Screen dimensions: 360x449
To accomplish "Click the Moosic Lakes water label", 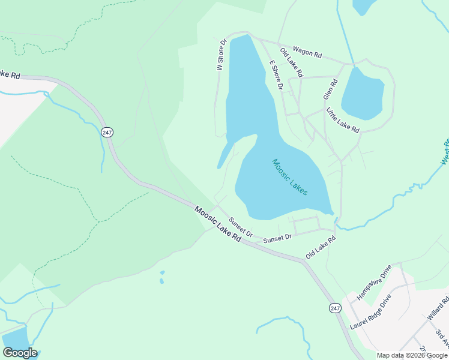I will (290, 176).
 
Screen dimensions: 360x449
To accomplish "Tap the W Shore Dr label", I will (221, 55).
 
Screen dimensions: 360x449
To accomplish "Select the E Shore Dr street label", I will (276, 75).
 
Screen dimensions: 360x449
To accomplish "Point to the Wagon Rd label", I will (307, 52).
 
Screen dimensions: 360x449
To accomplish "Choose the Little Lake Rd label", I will (343, 120).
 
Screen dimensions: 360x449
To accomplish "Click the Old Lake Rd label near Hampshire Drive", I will (320, 247).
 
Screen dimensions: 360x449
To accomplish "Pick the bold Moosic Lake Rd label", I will (217, 224).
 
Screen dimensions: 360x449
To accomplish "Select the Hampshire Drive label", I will (373, 282).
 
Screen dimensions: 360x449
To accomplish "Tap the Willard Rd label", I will (438, 308).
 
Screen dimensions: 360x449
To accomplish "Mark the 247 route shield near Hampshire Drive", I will (335, 308).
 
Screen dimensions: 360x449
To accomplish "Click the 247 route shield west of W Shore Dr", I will (107, 133).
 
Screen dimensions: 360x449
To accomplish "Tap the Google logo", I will (20, 353).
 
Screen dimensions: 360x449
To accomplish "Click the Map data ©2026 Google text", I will (412, 355).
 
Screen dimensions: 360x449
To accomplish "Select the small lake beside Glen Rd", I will (363, 94).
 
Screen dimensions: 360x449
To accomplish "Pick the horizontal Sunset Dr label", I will (277, 238).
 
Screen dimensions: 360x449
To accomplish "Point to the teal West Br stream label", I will (445, 152).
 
